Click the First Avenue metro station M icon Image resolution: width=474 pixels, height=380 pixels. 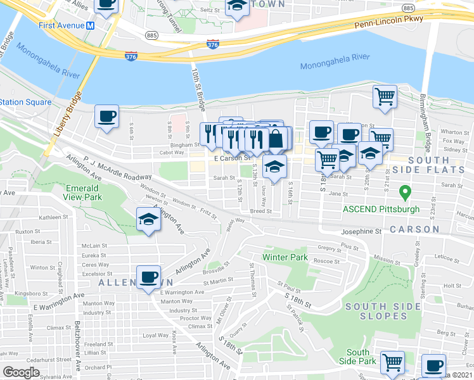(91, 25)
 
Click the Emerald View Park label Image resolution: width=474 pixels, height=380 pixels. (83, 193)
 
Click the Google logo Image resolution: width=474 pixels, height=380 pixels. (21, 372)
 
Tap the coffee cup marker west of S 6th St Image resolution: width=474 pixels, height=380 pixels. (106, 116)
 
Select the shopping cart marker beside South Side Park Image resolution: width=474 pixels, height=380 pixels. (392, 362)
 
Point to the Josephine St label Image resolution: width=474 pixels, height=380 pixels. (362, 232)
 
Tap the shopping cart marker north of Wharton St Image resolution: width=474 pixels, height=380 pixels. (385, 96)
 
